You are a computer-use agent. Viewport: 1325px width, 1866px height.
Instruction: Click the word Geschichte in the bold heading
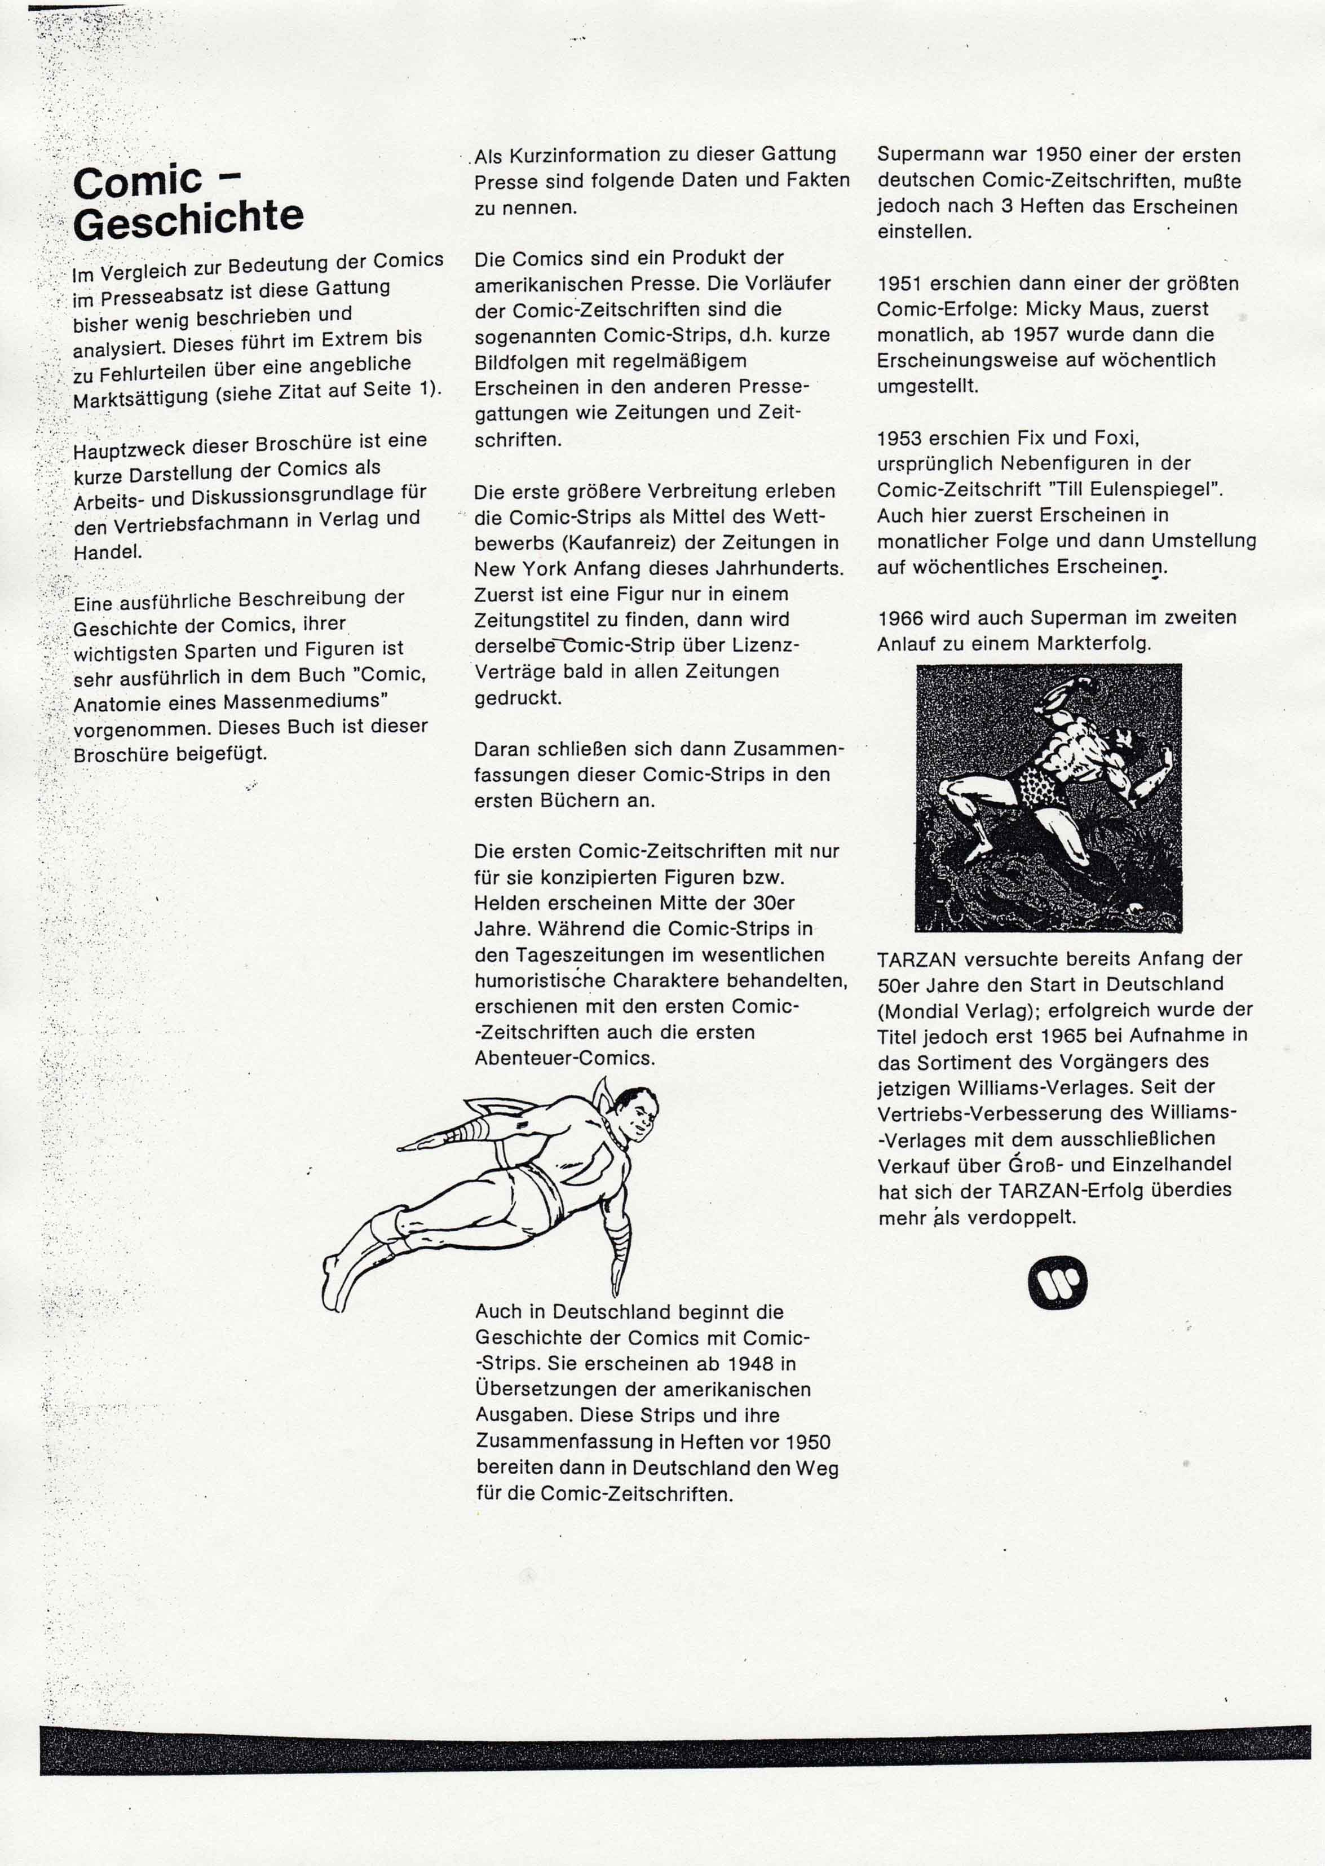point(188,219)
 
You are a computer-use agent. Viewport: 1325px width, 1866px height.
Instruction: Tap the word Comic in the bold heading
point(137,181)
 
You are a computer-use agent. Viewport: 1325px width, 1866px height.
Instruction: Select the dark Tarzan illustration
point(1048,798)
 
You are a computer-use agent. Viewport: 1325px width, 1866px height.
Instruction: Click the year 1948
point(750,1364)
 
